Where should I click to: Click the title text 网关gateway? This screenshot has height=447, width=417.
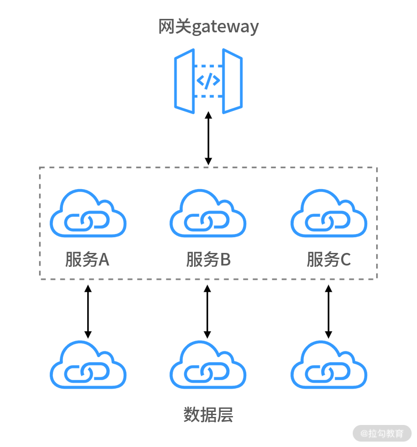click(208, 27)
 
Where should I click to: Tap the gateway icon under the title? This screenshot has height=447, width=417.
click(208, 81)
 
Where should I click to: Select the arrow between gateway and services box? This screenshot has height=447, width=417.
click(208, 138)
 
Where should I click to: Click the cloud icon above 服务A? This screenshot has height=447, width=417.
click(88, 214)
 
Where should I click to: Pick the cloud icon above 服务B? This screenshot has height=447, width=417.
click(208, 214)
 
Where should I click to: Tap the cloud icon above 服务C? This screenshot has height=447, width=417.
click(329, 214)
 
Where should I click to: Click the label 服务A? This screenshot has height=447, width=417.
click(87, 260)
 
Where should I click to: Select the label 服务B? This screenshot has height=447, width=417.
click(208, 260)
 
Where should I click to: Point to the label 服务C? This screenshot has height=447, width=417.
click(328, 260)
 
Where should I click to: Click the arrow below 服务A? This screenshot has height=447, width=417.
click(88, 311)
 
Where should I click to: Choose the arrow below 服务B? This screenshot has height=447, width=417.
click(207, 311)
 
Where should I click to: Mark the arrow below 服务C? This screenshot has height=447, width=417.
click(328, 311)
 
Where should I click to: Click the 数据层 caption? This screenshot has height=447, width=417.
click(208, 414)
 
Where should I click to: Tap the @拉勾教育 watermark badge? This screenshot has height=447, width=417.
click(382, 434)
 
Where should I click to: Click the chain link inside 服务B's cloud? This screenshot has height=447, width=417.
click(208, 221)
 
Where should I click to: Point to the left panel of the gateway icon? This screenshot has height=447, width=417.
click(185, 81)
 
